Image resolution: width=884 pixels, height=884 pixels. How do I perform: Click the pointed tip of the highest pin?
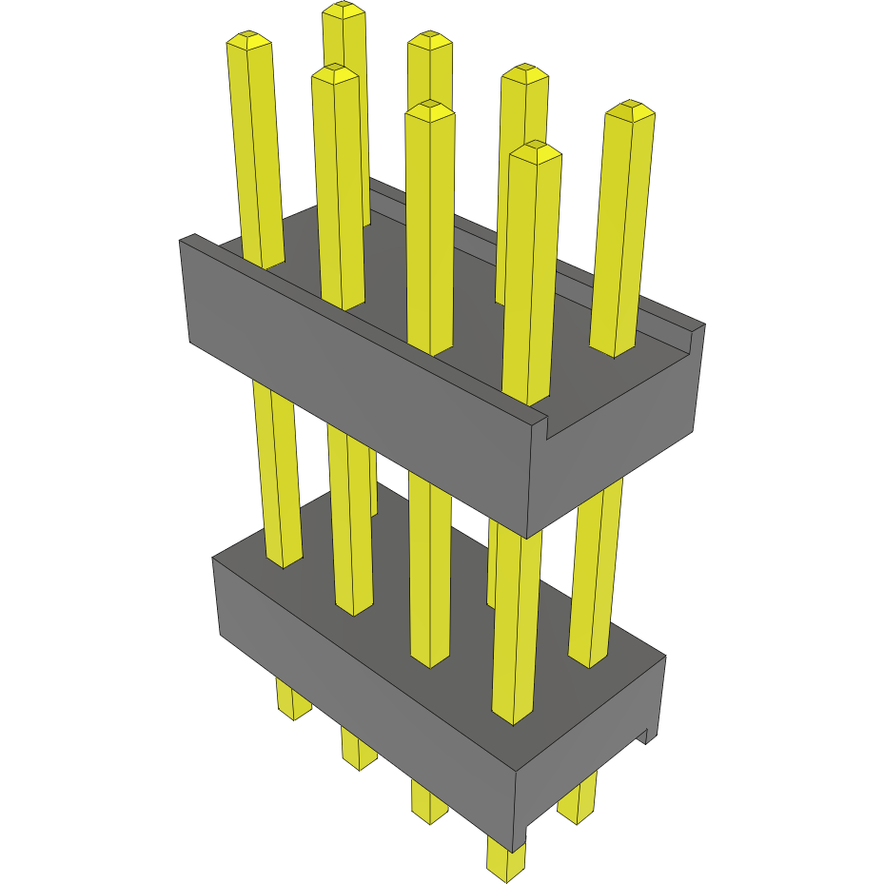pos(344,10)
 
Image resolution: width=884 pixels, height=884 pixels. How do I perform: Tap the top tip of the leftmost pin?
pos(248,40)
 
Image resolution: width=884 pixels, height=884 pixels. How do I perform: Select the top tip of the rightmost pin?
pos(630,109)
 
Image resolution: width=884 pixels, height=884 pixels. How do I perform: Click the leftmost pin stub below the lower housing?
pos(293,698)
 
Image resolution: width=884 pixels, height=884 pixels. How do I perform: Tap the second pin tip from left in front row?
pos(335,74)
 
